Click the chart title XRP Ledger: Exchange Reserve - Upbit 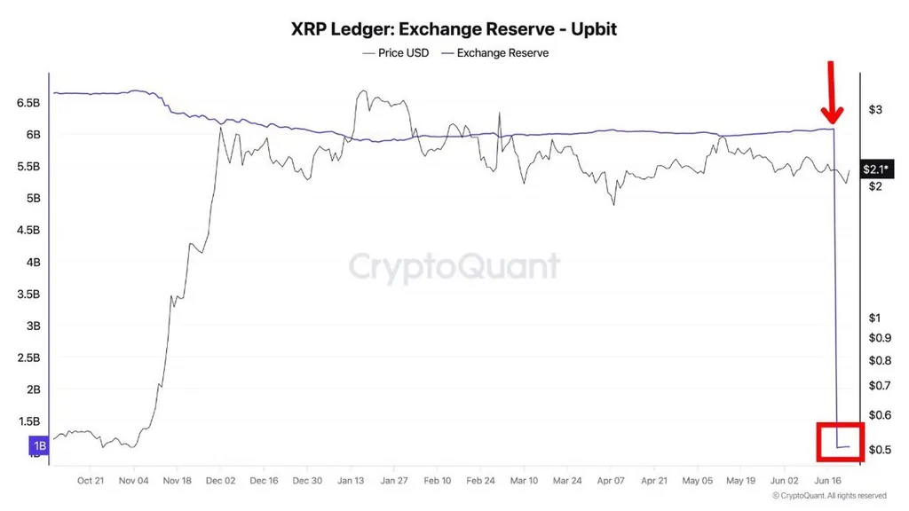454,28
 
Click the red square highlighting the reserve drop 839,442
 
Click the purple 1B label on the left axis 40,445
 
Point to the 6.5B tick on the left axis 28,103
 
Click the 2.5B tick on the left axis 28,358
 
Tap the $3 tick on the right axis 874,110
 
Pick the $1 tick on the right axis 874,318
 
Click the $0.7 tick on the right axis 878,386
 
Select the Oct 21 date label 91,480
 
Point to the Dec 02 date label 220,480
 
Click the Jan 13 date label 351,480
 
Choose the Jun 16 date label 827,480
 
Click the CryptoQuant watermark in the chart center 454,266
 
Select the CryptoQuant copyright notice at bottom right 829,496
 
